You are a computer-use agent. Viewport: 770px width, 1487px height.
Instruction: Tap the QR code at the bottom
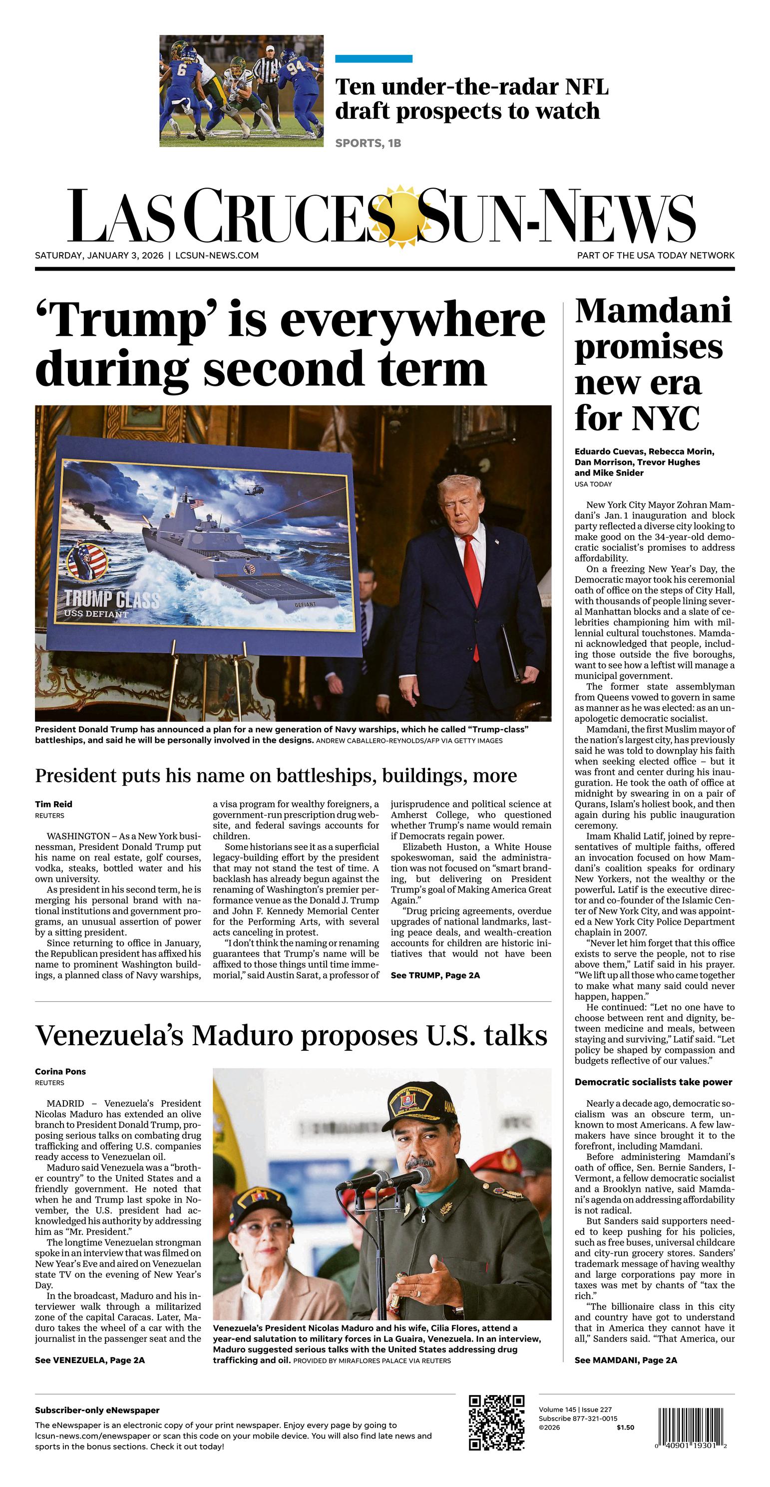pos(496,1422)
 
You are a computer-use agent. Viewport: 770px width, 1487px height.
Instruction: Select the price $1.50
pos(625,1428)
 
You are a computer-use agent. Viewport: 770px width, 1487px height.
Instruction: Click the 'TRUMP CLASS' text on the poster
pos(111,598)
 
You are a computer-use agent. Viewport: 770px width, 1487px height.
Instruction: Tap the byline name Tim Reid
pos(54,804)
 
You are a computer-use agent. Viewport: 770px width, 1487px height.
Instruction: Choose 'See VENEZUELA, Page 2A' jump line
pos(89,1360)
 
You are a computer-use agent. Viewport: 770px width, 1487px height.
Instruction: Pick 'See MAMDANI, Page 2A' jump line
pos(626,1360)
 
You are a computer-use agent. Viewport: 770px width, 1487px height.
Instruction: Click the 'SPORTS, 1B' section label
pos(368,143)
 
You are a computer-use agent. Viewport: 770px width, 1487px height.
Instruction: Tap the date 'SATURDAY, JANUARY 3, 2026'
pos(99,255)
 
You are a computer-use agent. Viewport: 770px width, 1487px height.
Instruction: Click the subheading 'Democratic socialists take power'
pos(653,1082)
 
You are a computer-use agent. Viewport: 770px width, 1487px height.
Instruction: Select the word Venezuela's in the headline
pos(108,1036)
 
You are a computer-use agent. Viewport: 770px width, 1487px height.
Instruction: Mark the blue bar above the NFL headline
pos(374,59)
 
